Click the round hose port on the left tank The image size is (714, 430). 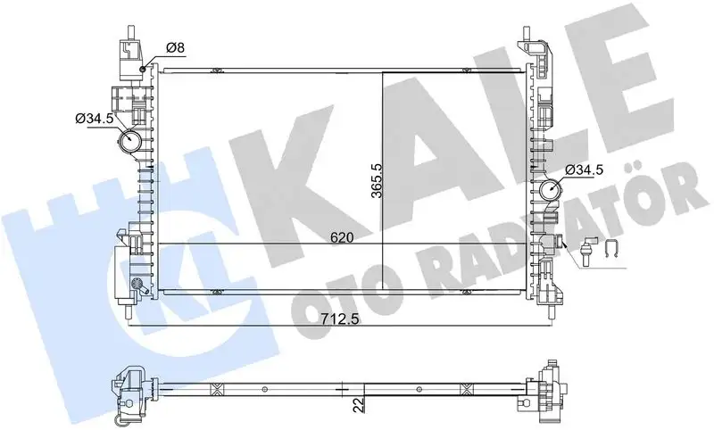pos(133,141)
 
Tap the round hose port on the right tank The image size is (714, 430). pos(550,189)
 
